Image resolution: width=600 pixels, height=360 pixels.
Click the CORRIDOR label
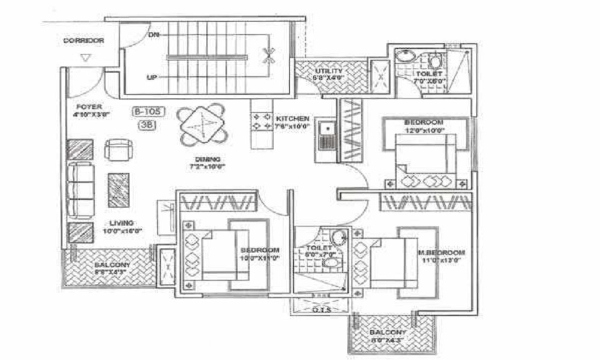click(84, 41)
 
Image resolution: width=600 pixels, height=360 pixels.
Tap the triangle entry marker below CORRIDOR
click(86, 58)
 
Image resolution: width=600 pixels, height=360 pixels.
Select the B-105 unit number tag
click(148, 112)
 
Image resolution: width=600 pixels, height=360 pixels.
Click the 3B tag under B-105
click(147, 125)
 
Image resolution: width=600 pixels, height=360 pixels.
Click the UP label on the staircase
click(152, 77)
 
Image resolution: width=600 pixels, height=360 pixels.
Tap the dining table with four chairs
click(203, 125)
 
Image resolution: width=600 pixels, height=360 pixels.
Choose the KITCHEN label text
click(293, 119)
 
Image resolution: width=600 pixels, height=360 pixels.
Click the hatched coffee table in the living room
click(118, 190)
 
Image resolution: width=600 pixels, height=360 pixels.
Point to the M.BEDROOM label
click(442, 252)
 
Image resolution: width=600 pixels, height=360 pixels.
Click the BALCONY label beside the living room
click(112, 265)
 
